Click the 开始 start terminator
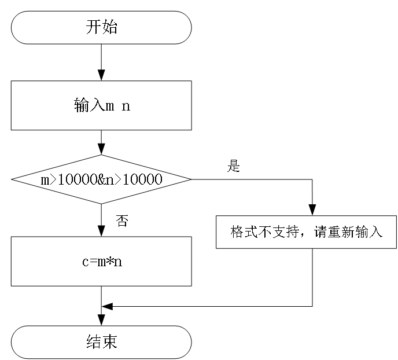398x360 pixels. pos(101,27)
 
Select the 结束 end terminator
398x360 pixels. pos(101,342)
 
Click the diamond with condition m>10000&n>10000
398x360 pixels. pos(101,179)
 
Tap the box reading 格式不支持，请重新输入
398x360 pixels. pos(307,232)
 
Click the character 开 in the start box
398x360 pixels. pos(93,27)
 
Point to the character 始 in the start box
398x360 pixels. pos(109,27)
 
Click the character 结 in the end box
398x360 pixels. pos(93,342)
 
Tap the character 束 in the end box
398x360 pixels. pos(109,342)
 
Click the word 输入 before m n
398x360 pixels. pos(89,106)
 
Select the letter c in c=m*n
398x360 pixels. pos(84,262)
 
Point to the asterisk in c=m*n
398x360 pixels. pos(110,262)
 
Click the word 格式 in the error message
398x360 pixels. pos(244,232)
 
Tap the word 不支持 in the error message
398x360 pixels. pos(277,232)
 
